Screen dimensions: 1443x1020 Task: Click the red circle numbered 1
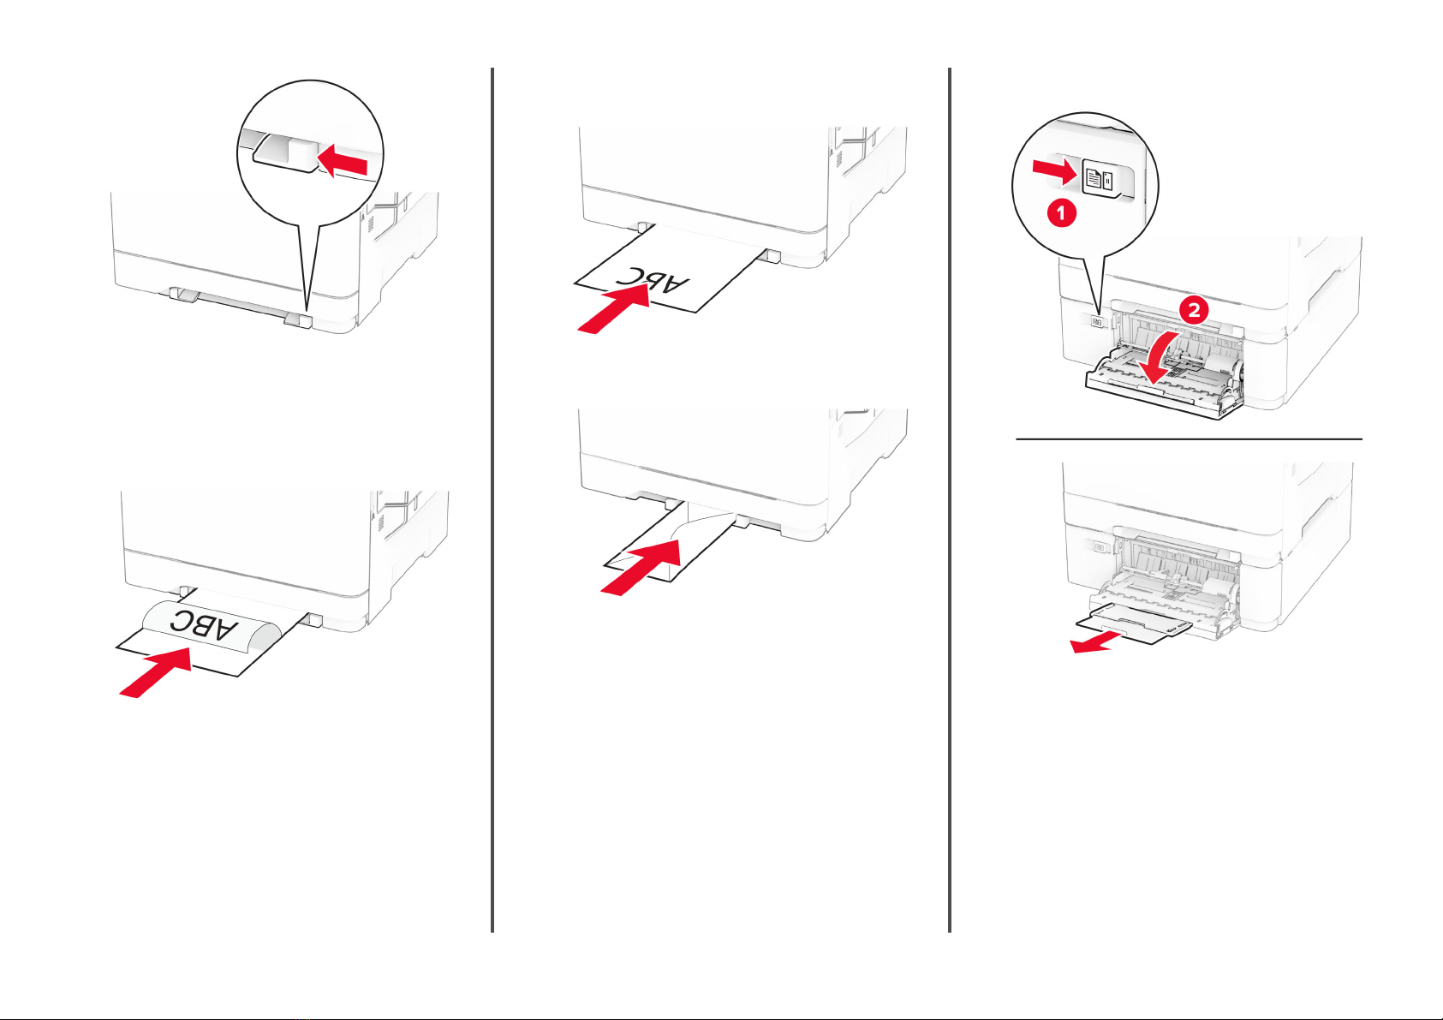click(x=1062, y=212)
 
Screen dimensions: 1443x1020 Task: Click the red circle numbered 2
click(x=1194, y=310)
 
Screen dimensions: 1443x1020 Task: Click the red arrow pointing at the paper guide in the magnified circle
click(x=343, y=160)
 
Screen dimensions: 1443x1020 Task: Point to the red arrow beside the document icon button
click(x=1055, y=171)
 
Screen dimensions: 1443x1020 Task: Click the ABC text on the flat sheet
click(x=652, y=279)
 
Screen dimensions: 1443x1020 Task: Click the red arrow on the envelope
click(x=641, y=568)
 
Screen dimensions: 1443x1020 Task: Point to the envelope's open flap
click(x=703, y=524)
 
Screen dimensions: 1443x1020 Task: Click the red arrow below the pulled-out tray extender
click(x=1096, y=641)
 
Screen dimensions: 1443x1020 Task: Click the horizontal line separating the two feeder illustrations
click(x=1189, y=438)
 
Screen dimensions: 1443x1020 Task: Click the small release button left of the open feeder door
click(x=1097, y=321)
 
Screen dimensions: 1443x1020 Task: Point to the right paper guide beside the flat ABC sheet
click(x=768, y=255)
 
